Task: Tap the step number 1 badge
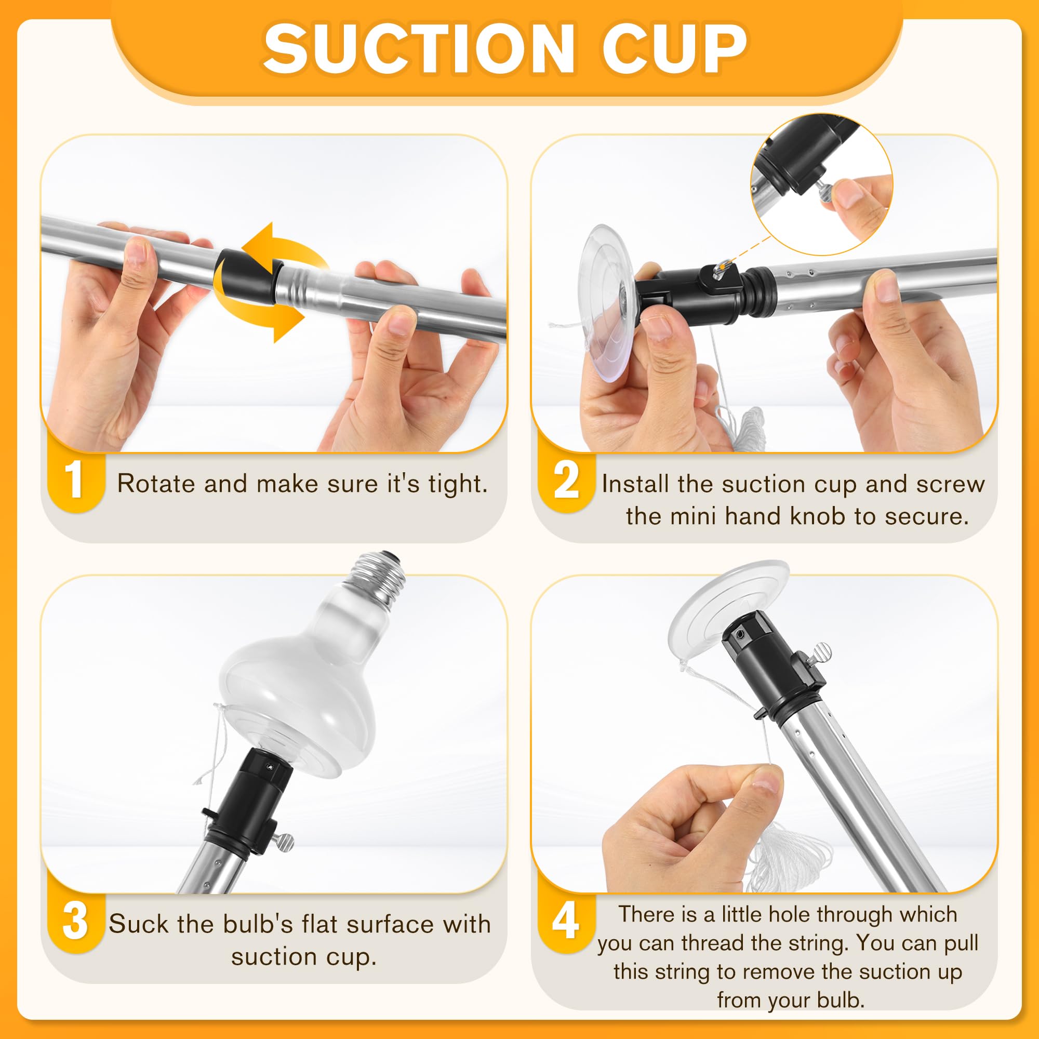pyautogui.click(x=74, y=480)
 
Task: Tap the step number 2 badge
pyautogui.click(x=566, y=480)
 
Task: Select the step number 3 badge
pyautogui.click(x=75, y=921)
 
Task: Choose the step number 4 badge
pyautogui.click(x=566, y=921)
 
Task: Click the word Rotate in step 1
pyautogui.click(x=156, y=484)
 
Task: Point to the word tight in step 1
pyautogui.click(x=458, y=485)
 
